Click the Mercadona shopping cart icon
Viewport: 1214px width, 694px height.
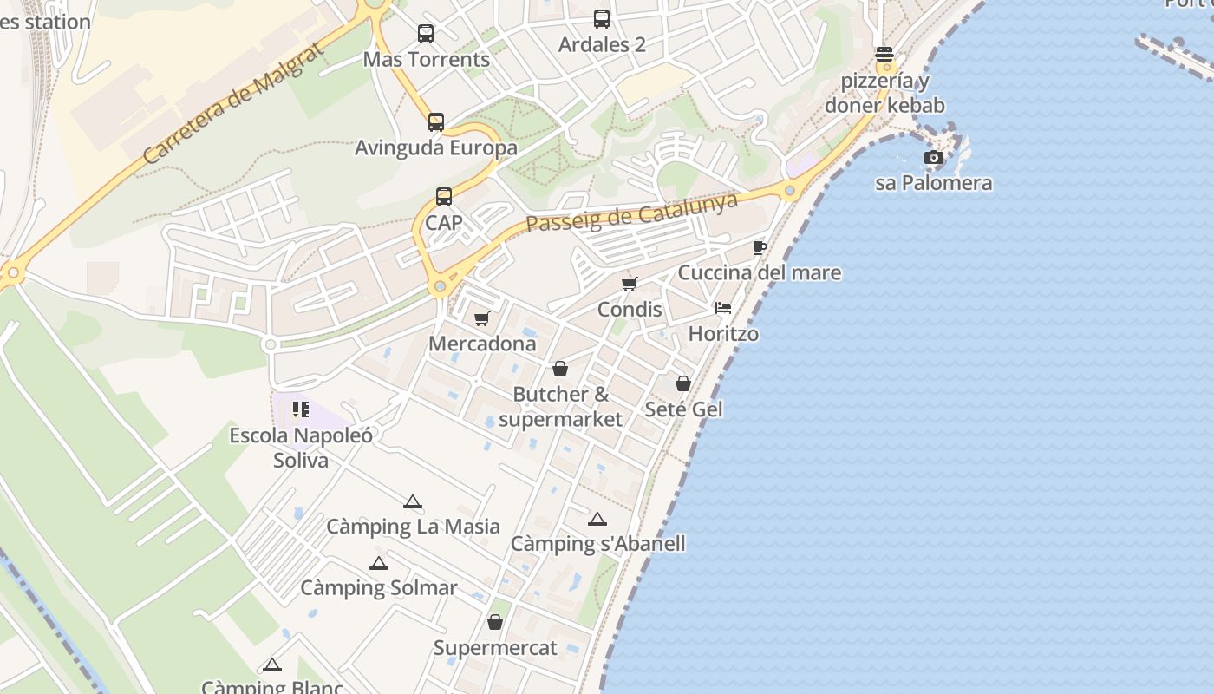click(x=482, y=318)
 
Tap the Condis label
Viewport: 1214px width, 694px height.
click(x=630, y=310)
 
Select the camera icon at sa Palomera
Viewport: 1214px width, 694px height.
click(x=934, y=157)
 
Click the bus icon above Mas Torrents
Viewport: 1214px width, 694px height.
click(x=426, y=34)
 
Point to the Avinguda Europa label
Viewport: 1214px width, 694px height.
click(x=436, y=147)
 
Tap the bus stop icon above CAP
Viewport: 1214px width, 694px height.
click(x=444, y=197)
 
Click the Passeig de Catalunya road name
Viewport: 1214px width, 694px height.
click(x=632, y=212)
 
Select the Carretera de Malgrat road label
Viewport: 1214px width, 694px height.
click(x=233, y=101)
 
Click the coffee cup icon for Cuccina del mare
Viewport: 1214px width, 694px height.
click(x=760, y=248)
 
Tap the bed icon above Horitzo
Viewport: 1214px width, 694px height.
click(x=723, y=308)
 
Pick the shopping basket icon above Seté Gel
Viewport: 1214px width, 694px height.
click(x=683, y=383)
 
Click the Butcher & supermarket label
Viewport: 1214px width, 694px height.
click(x=560, y=407)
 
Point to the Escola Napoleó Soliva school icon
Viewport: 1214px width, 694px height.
click(x=301, y=409)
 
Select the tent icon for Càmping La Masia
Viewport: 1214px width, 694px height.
click(x=413, y=501)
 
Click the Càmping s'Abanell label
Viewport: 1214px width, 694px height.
click(x=597, y=544)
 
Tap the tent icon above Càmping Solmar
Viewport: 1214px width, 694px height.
click(x=379, y=564)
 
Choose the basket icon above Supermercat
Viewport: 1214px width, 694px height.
click(x=495, y=622)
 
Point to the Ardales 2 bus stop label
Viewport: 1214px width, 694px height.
click(x=602, y=44)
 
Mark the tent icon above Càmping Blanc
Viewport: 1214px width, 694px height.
click(x=272, y=665)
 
